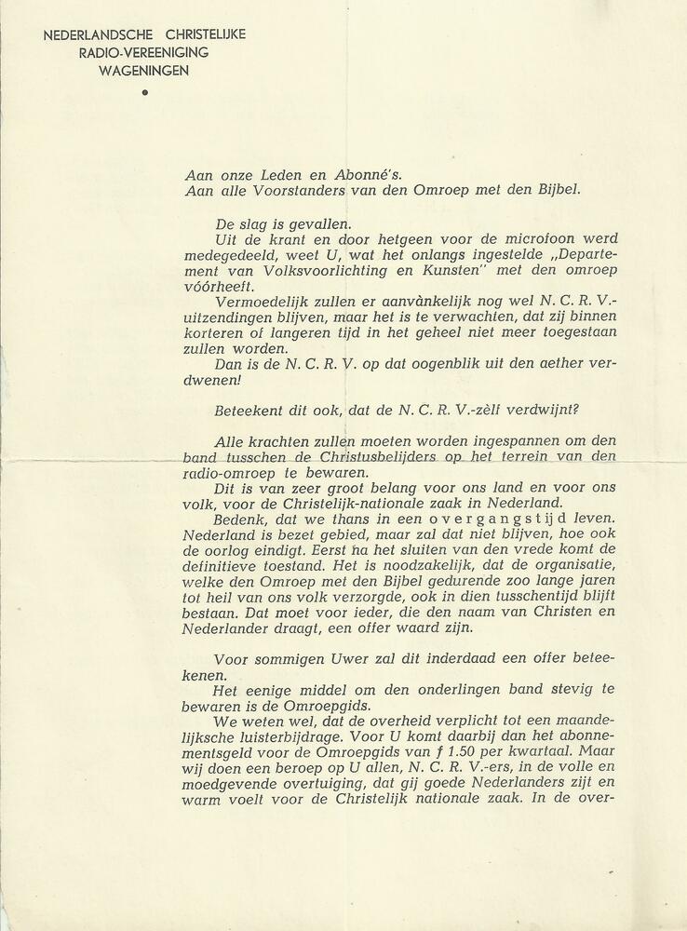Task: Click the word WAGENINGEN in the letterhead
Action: (x=144, y=70)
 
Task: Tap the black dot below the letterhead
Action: (x=144, y=92)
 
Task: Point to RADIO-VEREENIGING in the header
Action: (x=144, y=52)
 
